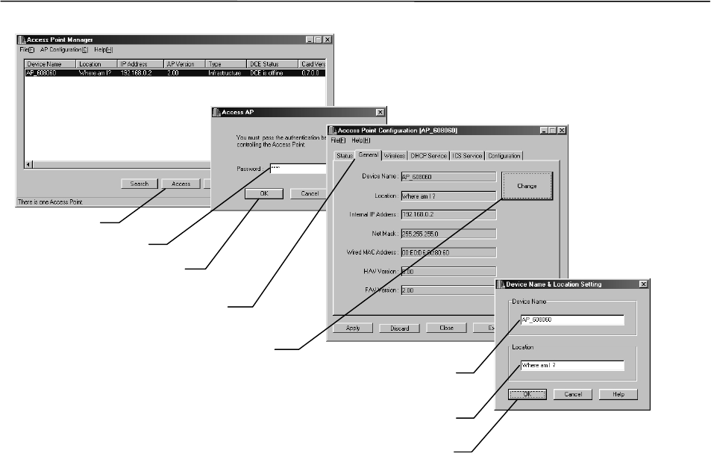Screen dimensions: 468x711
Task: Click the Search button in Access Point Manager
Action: (x=140, y=184)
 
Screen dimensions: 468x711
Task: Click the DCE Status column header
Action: (x=272, y=64)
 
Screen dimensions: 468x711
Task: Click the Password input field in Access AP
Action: (x=297, y=169)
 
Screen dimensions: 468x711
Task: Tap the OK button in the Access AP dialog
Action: (x=264, y=193)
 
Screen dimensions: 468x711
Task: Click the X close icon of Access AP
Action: (x=380, y=112)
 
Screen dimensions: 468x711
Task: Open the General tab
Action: (x=369, y=155)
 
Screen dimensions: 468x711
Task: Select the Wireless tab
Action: (x=395, y=156)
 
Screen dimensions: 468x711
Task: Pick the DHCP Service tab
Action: (x=428, y=156)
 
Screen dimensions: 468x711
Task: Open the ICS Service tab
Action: (x=466, y=156)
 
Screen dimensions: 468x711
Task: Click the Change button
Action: (x=527, y=185)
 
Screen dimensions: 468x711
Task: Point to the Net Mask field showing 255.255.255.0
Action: (x=448, y=233)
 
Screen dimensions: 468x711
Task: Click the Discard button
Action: (x=399, y=328)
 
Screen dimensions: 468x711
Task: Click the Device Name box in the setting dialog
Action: (x=571, y=319)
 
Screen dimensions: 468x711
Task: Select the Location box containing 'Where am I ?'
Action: (x=571, y=366)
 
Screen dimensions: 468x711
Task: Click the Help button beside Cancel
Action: (x=618, y=394)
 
